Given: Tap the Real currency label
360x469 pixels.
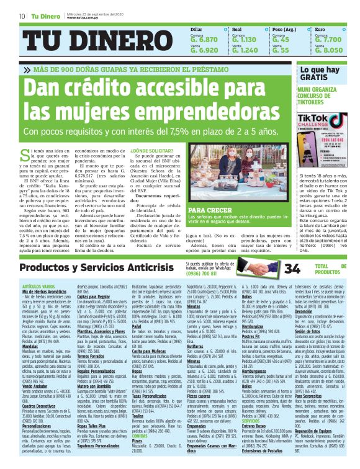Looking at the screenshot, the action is (236, 29).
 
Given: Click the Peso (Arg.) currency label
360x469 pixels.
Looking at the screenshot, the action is (284, 29).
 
